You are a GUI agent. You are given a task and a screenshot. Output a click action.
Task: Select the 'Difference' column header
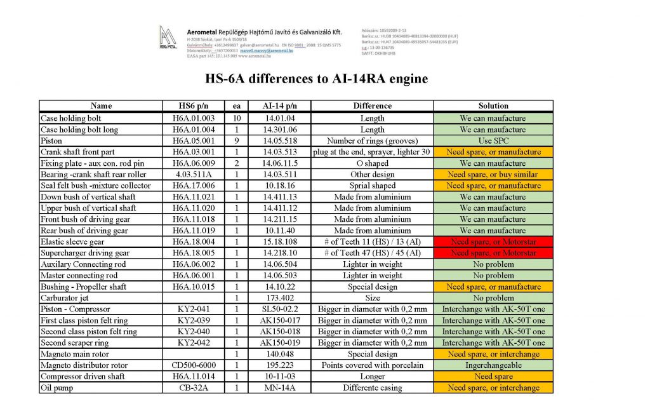click(x=372, y=106)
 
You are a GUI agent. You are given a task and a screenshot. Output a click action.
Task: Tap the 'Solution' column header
click(x=493, y=106)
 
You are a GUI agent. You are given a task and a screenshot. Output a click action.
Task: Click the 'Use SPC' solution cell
click(x=493, y=140)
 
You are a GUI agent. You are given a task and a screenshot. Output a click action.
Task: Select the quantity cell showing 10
click(x=236, y=118)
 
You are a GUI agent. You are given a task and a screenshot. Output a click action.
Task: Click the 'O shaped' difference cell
click(x=372, y=163)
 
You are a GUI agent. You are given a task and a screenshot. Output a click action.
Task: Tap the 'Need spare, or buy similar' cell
click(x=493, y=174)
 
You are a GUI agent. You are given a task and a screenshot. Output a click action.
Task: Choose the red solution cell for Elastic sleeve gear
click(x=493, y=242)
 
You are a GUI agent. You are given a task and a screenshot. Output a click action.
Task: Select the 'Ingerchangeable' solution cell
click(x=493, y=365)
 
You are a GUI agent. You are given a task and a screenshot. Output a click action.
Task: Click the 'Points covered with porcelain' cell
click(x=372, y=365)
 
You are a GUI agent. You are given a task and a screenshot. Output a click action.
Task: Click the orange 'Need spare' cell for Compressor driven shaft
click(x=493, y=377)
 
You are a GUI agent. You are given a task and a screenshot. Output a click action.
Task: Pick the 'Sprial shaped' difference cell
click(x=372, y=186)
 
